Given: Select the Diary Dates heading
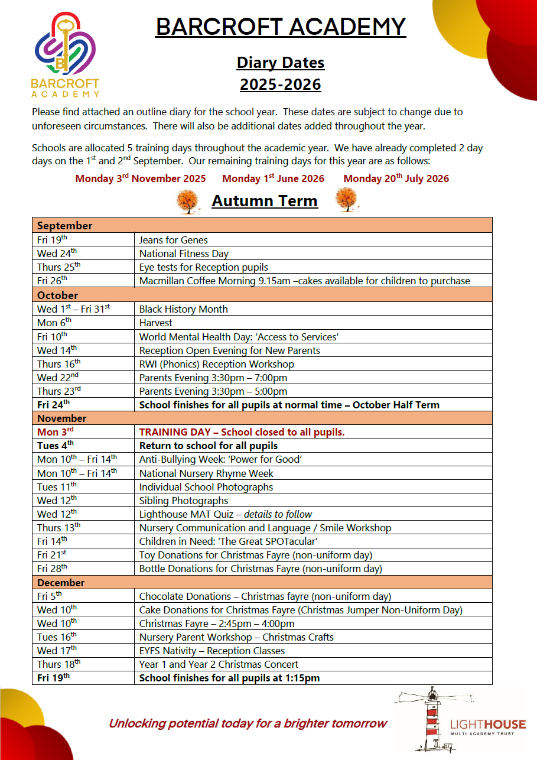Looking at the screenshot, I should pos(281,63).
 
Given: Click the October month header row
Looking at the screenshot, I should pos(262,295).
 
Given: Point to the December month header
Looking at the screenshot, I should pos(262,582).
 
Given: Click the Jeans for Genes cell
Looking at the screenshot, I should pos(174,240).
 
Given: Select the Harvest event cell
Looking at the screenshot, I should pos(156,323).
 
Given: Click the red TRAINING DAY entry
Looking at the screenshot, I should pos(242,432).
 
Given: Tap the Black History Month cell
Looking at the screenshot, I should pos(183,309).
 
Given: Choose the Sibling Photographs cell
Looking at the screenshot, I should pos(184,501).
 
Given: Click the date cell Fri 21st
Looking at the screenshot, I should pos(53,555).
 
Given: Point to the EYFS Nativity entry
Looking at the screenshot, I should pos(212,651).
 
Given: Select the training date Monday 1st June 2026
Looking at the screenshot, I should pos(274,178).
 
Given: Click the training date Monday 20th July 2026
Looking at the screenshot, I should pos(396,178).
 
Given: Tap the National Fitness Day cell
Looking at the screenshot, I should pos(184,254).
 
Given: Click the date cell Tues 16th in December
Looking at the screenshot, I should pos(57,637).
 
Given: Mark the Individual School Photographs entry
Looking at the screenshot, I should pos(206,487).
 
